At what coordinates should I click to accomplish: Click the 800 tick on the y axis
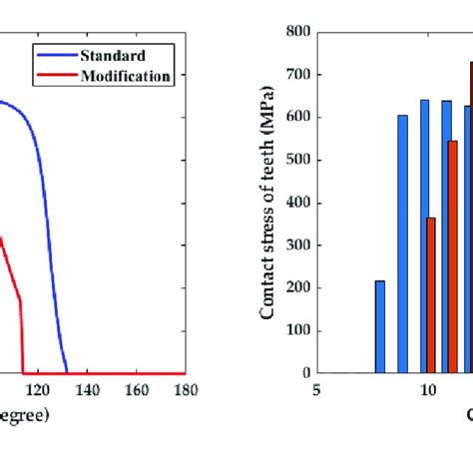(x=296, y=31)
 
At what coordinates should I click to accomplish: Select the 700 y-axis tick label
(x=296, y=74)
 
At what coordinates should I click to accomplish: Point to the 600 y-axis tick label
(x=296, y=117)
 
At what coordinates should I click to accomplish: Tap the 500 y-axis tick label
(x=296, y=160)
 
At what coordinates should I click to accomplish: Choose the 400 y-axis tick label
(x=296, y=203)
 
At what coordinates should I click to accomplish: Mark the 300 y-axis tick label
(x=296, y=245)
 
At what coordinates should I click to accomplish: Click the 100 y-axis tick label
(x=296, y=330)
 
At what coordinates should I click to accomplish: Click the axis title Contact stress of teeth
(x=268, y=202)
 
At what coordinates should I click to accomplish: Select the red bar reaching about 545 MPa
(x=453, y=256)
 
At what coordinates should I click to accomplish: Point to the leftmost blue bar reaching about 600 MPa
(x=402, y=243)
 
